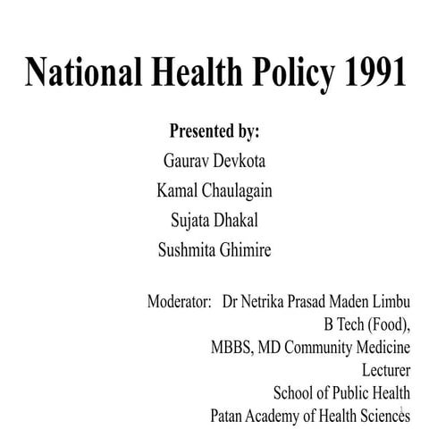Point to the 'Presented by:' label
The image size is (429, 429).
[x=214, y=131]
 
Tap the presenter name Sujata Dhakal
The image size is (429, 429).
[x=214, y=220]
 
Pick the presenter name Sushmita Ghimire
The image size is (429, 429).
[x=214, y=249]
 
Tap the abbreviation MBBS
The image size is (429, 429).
[x=230, y=347]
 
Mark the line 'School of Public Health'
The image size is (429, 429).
[x=341, y=391]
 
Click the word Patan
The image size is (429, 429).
[x=229, y=414]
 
